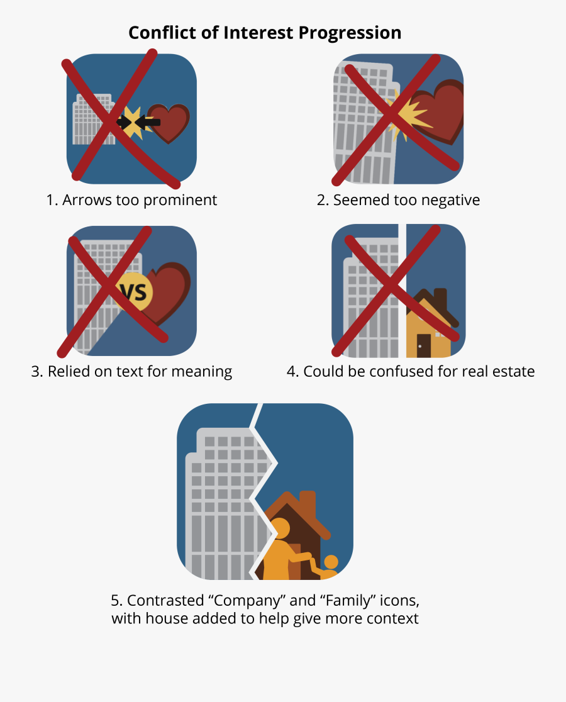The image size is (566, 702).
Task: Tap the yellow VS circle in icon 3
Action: (134, 292)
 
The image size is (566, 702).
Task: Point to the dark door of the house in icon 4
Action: (424, 345)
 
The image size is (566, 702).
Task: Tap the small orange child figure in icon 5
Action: (330, 566)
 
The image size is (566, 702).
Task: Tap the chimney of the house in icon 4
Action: (440, 299)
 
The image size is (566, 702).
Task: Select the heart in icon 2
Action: (440, 113)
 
